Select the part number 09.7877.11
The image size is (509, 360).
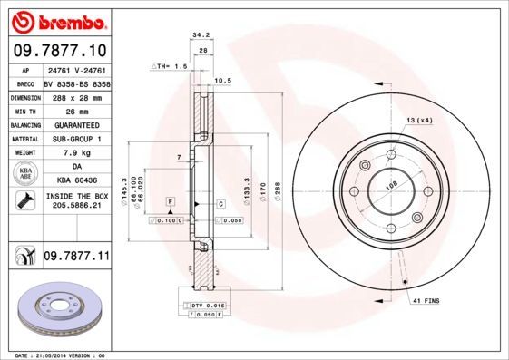pos(76,258)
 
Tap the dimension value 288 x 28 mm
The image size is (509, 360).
pos(75,95)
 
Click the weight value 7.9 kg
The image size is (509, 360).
pos(75,153)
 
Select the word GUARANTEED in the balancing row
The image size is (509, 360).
pos(75,124)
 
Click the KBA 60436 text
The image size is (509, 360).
pos(75,182)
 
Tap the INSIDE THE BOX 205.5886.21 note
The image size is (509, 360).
pos(75,201)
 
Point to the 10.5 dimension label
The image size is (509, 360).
pos(223,80)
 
